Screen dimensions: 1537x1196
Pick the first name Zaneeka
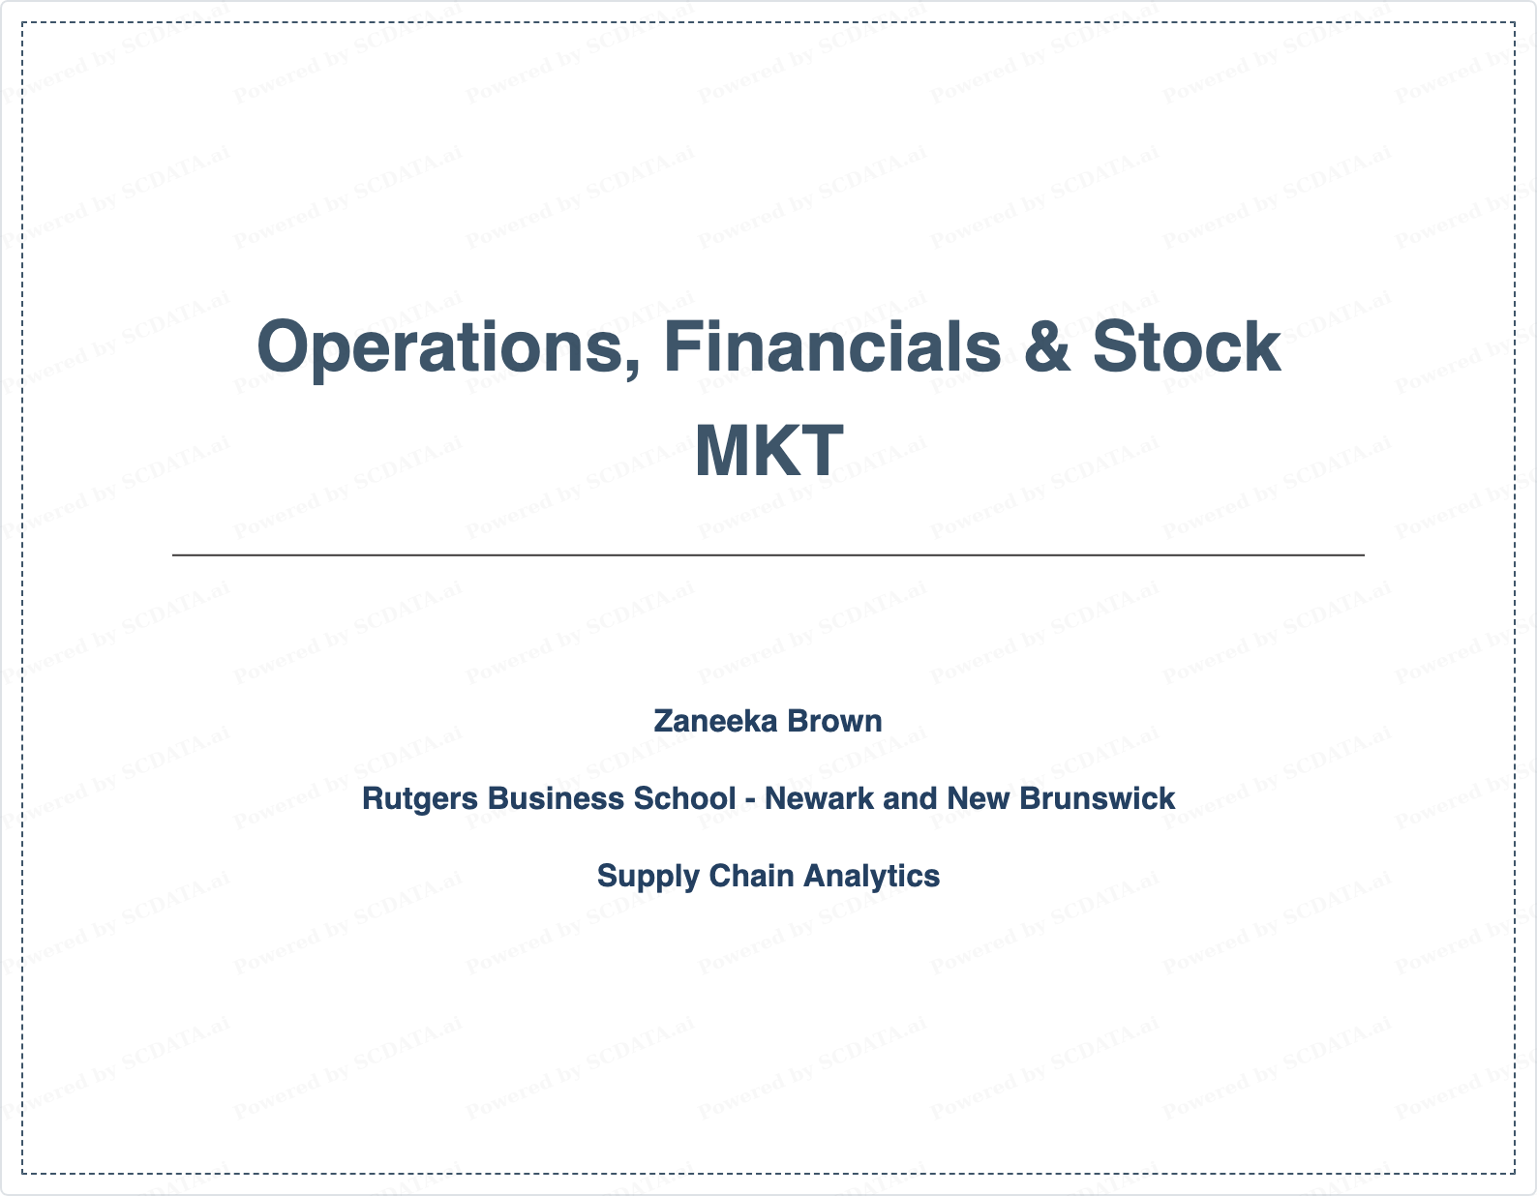pyautogui.click(x=715, y=721)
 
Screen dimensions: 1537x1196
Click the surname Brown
pyautogui.click(x=834, y=721)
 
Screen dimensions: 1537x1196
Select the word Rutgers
pyautogui.click(x=420, y=799)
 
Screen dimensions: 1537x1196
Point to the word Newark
pyautogui.click(x=819, y=798)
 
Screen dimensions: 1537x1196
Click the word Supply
pyautogui.click(x=648, y=878)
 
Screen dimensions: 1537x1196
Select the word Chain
pyautogui.click(x=751, y=876)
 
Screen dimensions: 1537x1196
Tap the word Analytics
pyautogui.click(x=871, y=878)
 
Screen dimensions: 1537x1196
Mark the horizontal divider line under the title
pyautogui.click(x=768, y=555)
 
